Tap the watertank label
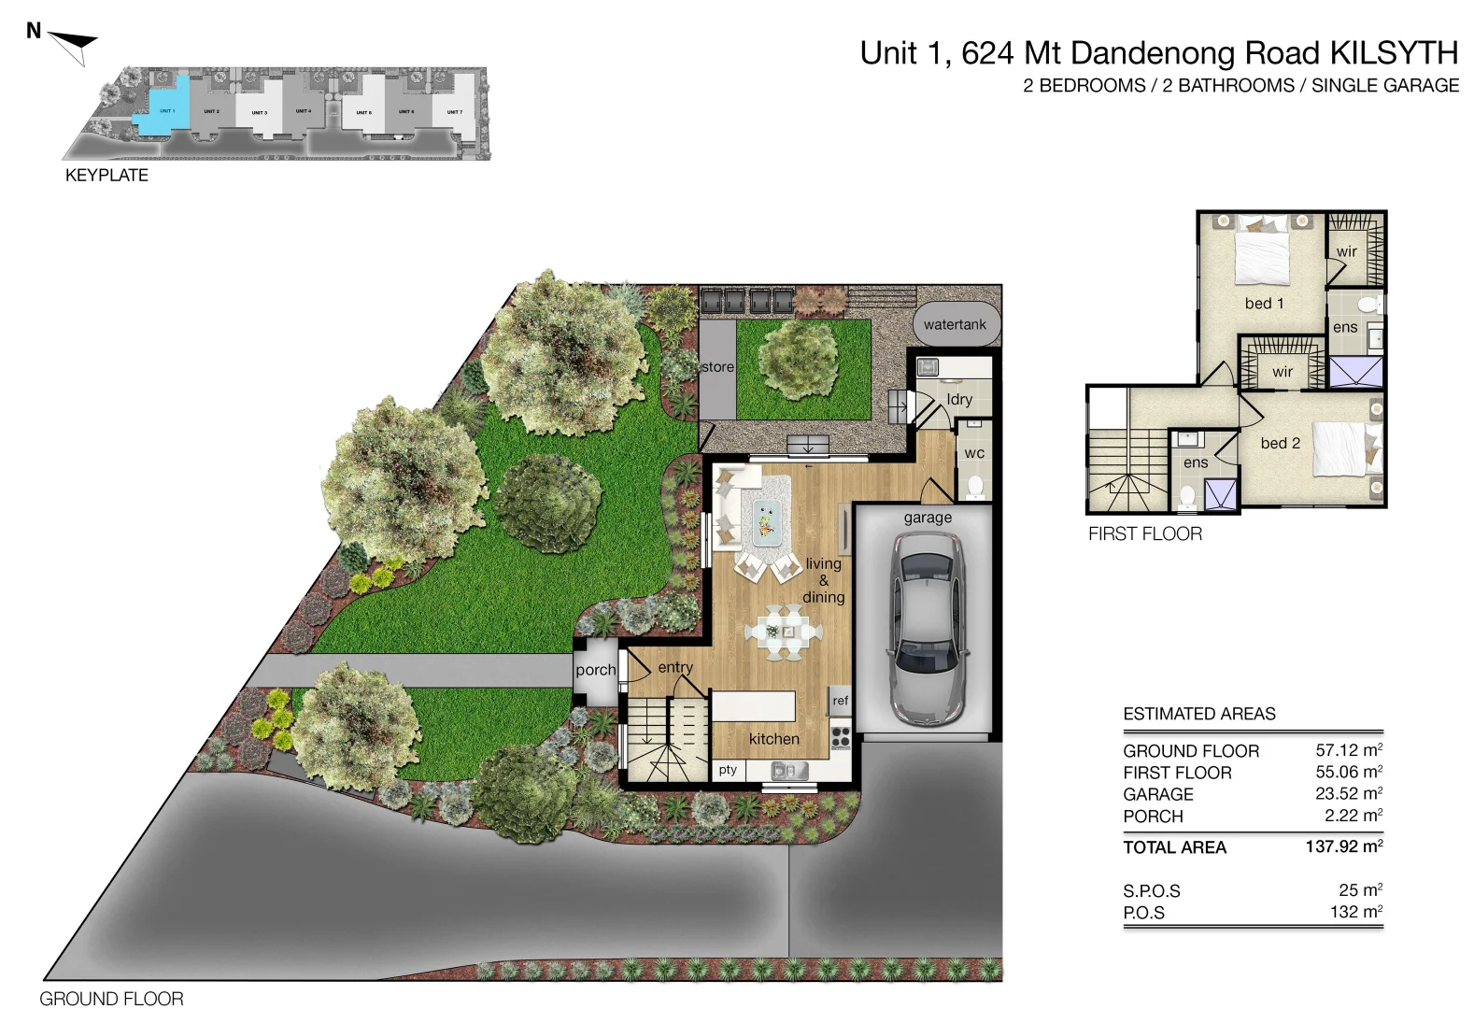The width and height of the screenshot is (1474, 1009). click(955, 324)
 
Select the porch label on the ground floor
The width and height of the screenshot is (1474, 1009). click(595, 670)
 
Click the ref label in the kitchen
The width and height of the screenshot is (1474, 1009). click(840, 700)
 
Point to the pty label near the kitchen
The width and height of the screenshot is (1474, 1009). click(728, 770)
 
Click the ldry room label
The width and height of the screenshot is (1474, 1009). click(959, 399)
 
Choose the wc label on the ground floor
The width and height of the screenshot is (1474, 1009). click(973, 453)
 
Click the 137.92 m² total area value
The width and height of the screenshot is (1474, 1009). click(1343, 846)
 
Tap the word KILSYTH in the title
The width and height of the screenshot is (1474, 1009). click(1393, 53)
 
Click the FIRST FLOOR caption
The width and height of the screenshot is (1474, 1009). click(1144, 533)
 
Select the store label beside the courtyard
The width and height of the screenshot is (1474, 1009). click(717, 367)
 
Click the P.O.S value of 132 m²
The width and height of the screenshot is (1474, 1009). click(1355, 912)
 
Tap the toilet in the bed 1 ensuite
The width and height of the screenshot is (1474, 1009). click(1369, 305)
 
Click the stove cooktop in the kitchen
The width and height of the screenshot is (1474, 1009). click(840, 736)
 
